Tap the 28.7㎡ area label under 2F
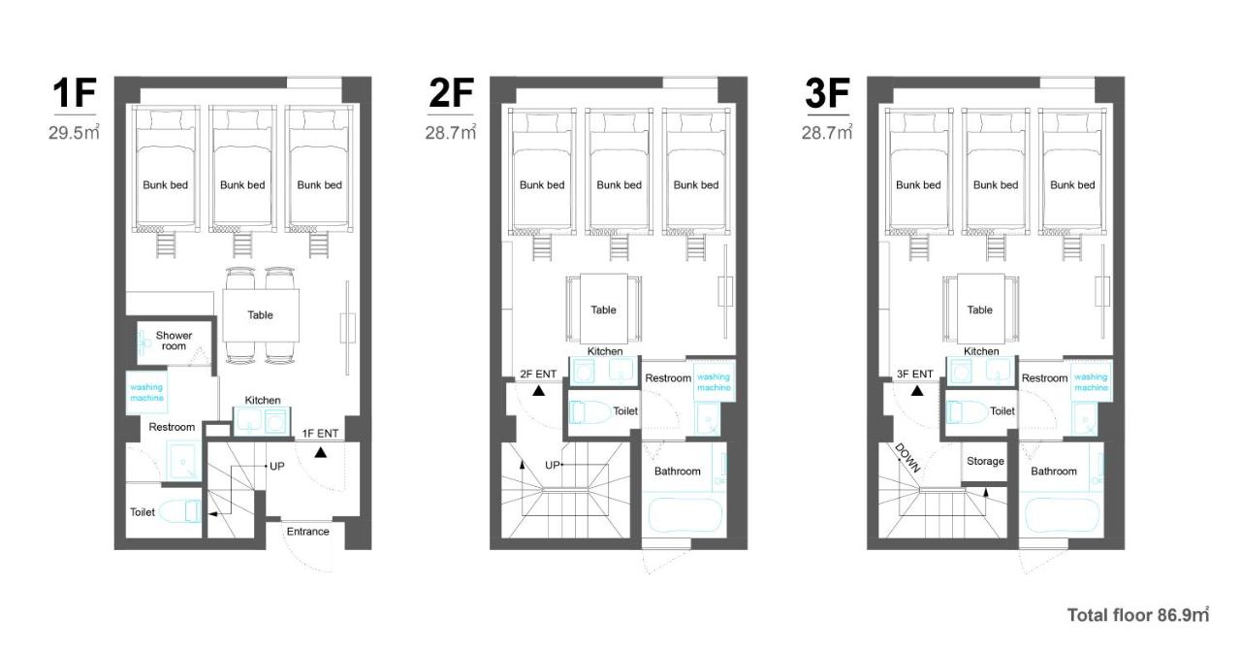pos(451,133)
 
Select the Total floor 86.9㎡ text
pos(1138,615)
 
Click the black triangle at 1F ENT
pos(320,452)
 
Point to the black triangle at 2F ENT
pos(538,391)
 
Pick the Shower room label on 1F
pos(174,341)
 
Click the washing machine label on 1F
pos(146,392)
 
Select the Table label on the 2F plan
pos(603,309)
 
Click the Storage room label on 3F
pos(985,461)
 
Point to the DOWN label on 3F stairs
pos(907,458)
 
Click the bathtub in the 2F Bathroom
pos(684,515)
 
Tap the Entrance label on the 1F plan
pos(307,532)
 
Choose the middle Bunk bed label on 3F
pos(995,185)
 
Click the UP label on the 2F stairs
pos(553,466)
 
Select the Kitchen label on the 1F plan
pos(262,400)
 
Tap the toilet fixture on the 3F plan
pos(967,412)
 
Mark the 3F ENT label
pos(914,374)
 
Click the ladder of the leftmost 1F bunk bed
pos(166,244)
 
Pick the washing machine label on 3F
pos(1091,382)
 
